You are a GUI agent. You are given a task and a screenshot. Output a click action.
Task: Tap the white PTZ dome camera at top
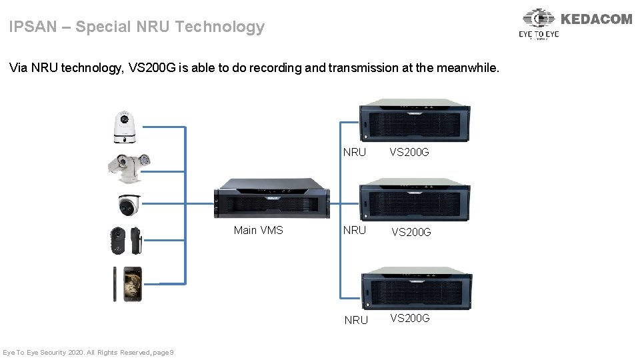(x=124, y=127)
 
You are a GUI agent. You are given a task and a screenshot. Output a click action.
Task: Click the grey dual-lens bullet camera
(x=129, y=166)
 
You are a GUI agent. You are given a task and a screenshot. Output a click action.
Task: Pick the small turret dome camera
(x=129, y=206)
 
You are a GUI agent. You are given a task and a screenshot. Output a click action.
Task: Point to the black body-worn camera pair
(x=126, y=241)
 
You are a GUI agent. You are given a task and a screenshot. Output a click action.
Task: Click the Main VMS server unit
(x=272, y=199)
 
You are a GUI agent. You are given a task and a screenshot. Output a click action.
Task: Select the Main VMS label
(x=258, y=231)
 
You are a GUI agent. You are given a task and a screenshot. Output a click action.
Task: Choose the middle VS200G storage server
(x=415, y=199)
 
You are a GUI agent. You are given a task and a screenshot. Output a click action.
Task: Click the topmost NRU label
(x=355, y=153)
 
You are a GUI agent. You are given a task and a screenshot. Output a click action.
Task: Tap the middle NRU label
(x=355, y=231)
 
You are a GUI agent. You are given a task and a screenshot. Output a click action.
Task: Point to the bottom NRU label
(x=356, y=320)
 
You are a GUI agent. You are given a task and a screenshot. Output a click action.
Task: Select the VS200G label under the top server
(x=409, y=153)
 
